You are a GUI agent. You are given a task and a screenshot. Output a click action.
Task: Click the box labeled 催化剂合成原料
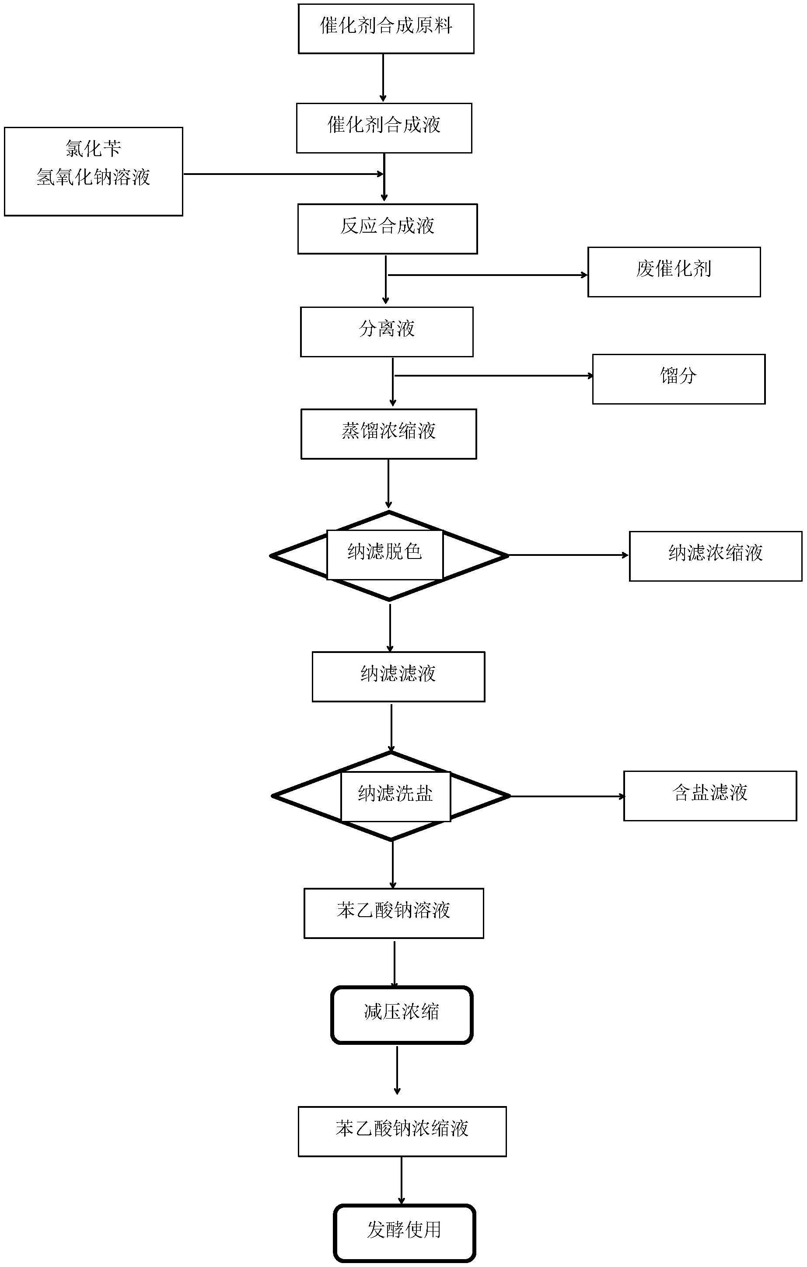coord(386,28)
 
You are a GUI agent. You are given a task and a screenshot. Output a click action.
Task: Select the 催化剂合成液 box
coord(384,128)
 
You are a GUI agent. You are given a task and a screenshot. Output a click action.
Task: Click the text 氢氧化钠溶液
coord(94,177)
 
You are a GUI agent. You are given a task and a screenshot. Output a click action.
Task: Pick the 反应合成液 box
coord(388,229)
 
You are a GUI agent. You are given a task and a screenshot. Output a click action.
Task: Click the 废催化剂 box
coord(674,272)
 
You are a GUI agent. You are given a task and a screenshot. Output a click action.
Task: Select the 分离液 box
coord(387,332)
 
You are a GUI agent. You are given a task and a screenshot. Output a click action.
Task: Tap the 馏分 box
coord(679,379)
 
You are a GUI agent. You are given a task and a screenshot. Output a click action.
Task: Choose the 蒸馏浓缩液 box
coord(389,434)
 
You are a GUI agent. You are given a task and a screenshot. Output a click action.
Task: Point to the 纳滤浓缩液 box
coord(716,556)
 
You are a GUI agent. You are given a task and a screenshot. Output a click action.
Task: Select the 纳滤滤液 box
coord(398,677)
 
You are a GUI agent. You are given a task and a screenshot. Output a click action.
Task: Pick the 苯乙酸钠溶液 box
coord(394,914)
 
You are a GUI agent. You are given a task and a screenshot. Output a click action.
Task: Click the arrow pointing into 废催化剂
coord(487,275)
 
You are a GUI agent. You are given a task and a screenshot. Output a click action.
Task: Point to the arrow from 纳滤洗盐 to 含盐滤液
coord(567,796)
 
